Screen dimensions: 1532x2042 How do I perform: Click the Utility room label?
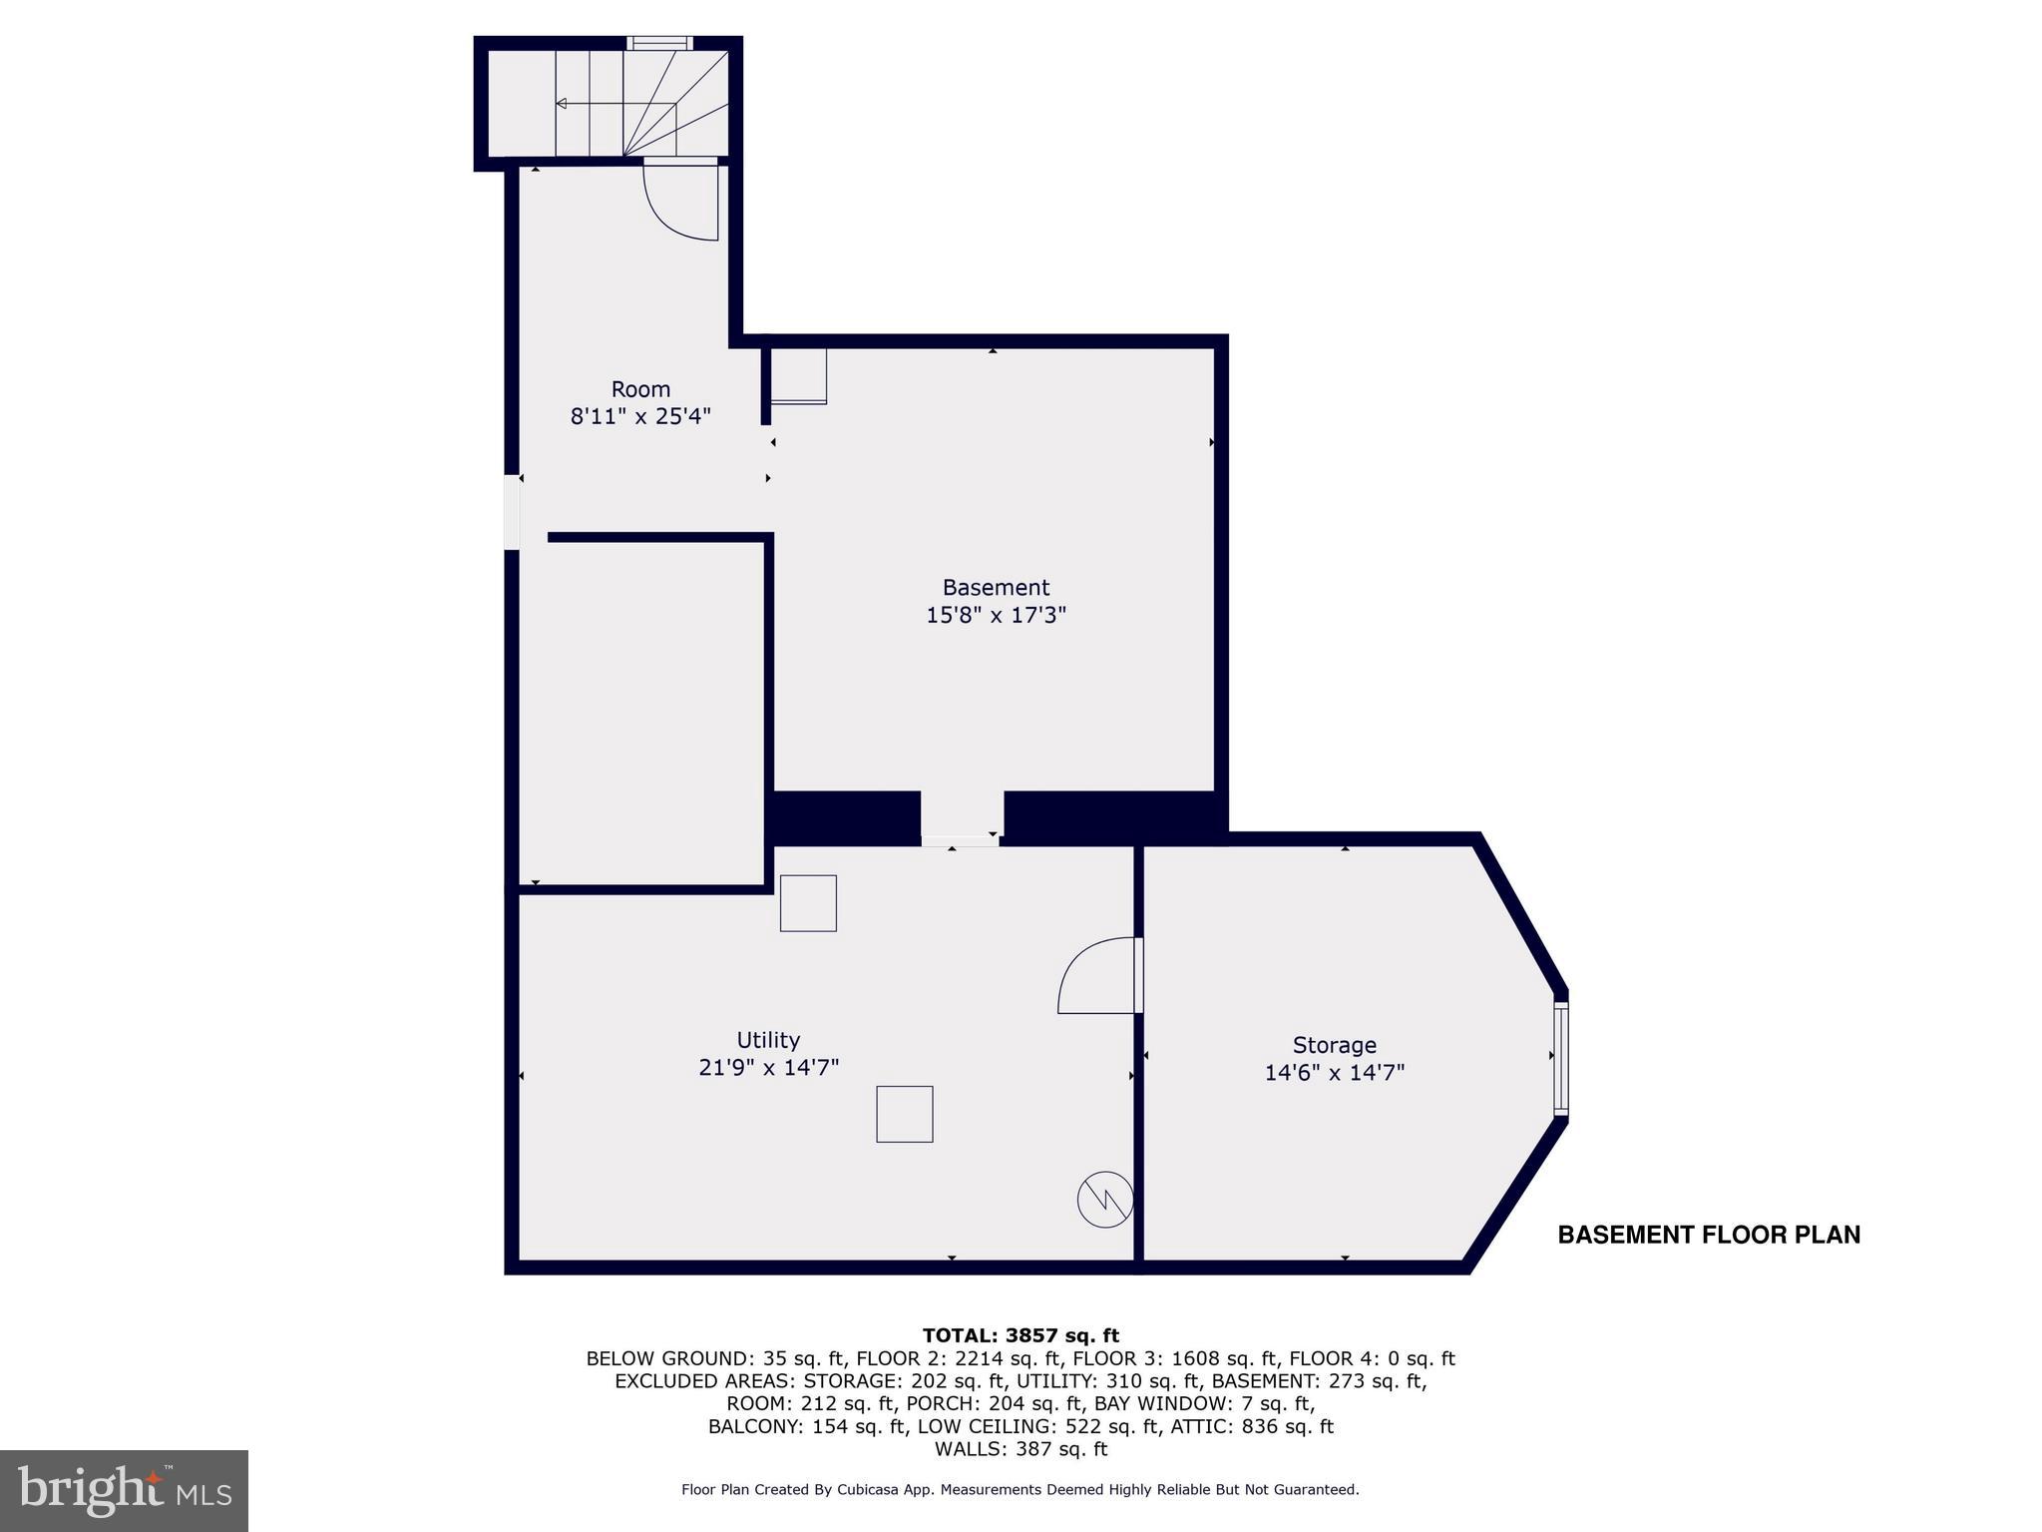click(768, 1040)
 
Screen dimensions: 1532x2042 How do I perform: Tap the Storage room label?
click(1334, 1045)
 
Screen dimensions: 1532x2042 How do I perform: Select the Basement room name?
click(996, 587)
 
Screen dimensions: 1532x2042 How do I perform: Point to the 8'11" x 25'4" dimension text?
click(640, 416)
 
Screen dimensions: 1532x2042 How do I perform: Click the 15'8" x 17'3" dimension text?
click(996, 615)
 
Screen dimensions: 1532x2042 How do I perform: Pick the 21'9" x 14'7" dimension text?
click(768, 1068)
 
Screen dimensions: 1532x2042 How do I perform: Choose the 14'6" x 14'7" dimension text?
click(1334, 1073)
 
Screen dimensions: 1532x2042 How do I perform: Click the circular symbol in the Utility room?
click(1105, 1199)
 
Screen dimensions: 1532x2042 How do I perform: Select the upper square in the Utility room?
click(808, 903)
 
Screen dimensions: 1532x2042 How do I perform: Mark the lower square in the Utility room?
click(905, 1114)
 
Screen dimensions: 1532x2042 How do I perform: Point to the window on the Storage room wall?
click(1561, 1057)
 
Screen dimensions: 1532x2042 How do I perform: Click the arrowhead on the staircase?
click(562, 104)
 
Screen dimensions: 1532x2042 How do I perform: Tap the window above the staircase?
click(659, 43)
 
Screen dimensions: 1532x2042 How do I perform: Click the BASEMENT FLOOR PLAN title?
click(1709, 1235)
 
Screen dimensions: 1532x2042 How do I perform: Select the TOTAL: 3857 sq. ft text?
click(1021, 1335)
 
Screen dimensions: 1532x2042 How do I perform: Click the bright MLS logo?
click(124, 1490)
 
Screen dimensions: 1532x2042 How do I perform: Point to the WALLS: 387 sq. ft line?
click(1021, 1449)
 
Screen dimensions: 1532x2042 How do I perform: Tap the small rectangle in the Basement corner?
click(798, 375)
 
